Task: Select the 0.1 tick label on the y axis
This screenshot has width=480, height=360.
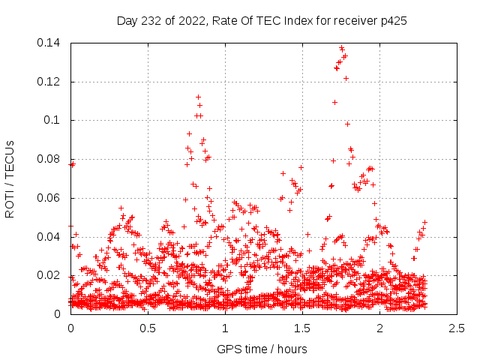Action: point(55,120)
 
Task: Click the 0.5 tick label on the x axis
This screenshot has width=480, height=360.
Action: point(148,328)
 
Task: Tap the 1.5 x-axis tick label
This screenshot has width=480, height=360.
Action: point(302,328)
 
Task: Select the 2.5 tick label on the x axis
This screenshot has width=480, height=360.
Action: point(457,328)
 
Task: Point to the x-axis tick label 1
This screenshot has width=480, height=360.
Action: point(225,328)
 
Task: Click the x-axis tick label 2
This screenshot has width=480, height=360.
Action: point(379,328)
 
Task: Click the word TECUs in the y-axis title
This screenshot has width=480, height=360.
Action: point(10,158)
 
